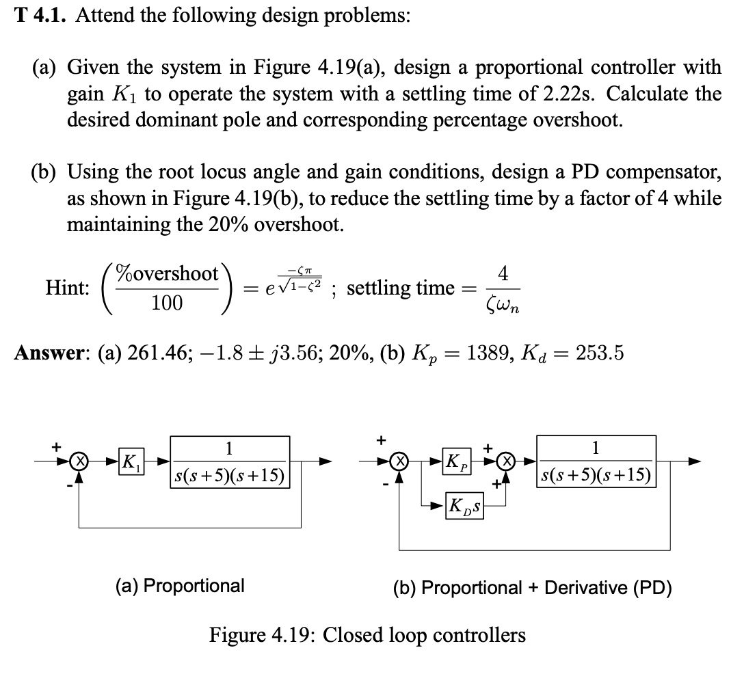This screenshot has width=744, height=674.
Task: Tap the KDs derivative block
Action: coord(463,507)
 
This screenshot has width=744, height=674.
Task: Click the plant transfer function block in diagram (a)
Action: coord(228,461)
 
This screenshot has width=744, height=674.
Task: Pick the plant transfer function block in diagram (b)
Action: coord(596,461)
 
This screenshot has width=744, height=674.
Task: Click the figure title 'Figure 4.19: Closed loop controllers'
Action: coord(367,635)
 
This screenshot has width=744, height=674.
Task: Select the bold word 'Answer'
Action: coord(42,353)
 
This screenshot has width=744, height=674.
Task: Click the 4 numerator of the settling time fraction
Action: coord(503,273)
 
